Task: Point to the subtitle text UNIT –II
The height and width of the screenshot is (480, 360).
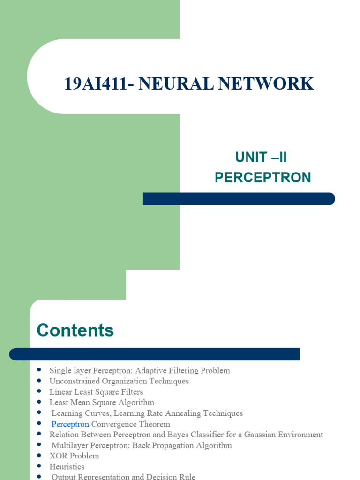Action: [x=261, y=157]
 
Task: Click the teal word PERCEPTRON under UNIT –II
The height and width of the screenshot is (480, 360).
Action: [x=262, y=178]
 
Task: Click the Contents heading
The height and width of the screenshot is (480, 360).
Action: [x=75, y=330]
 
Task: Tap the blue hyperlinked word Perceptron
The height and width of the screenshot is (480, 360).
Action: [x=70, y=424]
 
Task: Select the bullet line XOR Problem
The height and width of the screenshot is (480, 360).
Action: [x=74, y=456]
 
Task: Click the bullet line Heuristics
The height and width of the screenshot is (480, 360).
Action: [x=67, y=466]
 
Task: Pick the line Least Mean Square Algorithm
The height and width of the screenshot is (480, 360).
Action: [x=102, y=402]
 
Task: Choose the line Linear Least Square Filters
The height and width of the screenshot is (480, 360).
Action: [x=96, y=391]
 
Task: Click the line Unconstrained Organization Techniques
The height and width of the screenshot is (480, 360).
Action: [x=119, y=381]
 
